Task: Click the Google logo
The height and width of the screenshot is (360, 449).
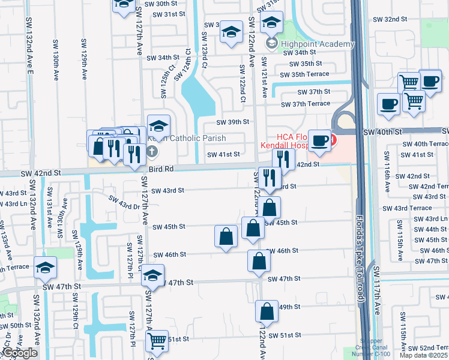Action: [x=20, y=353]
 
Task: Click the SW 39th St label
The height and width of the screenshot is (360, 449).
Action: [x=232, y=122]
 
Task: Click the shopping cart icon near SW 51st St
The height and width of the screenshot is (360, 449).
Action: [x=157, y=341]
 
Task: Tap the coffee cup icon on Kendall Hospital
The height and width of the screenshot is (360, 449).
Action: [x=320, y=140]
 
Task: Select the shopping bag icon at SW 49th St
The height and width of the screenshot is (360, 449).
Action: [x=267, y=312]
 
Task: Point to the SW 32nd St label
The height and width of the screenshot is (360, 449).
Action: [x=390, y=19]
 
